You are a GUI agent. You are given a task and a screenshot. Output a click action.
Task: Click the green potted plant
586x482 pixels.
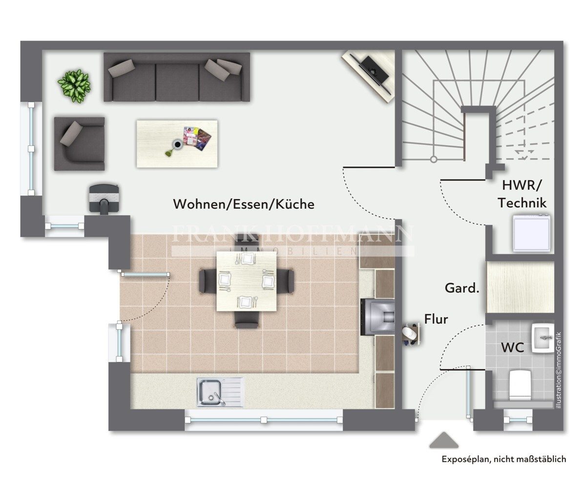[74, 85]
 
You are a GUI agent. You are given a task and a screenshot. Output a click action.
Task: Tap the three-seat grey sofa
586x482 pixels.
[177, 77]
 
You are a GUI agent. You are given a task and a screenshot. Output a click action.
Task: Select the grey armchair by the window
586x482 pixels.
[80, 143]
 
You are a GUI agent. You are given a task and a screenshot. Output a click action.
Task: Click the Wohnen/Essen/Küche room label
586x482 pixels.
[244, 204]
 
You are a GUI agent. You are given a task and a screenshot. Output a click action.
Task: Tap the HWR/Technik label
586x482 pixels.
[522, 194]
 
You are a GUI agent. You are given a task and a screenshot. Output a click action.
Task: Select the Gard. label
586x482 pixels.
[462, 288]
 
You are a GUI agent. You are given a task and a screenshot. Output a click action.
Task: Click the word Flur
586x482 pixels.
[436, 319]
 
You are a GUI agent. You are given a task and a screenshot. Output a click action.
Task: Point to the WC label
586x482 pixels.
[512, 347]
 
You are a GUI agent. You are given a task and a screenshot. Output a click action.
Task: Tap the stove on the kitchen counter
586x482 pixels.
[378, 317]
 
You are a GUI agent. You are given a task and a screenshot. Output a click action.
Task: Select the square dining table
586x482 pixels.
[247, 281]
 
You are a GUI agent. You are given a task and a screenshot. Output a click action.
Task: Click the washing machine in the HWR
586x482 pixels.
[531, 233]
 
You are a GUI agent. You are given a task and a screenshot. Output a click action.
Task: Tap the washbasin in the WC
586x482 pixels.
[542, 338]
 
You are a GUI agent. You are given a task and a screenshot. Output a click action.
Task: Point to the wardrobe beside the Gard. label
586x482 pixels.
[520, 286]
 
